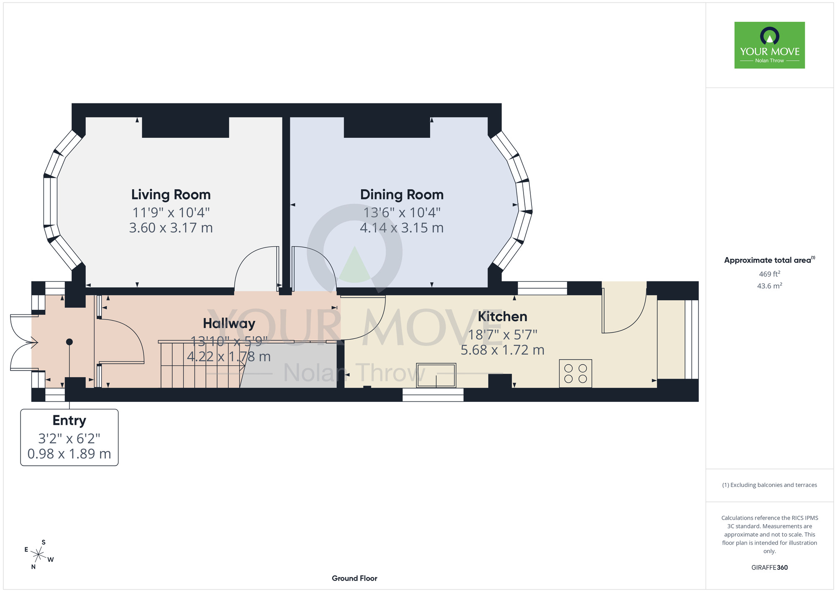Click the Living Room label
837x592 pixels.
[x=171, y=195]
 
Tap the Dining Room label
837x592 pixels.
[x=402, y=195]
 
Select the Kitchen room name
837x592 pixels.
[x=503, y=317]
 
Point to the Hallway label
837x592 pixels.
[x=229, y=324]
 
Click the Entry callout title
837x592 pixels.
[x=69, y=421]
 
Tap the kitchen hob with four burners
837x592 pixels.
[x=575, y=373]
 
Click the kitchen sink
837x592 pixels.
[x=436, y=375]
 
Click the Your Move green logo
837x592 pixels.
[x=770, y=45]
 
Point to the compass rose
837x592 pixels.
[x=39, y=555]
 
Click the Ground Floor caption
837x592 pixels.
[x=354, y=578]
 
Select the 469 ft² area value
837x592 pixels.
[x=770, y=274]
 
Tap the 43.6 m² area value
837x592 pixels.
[x=770, y=286]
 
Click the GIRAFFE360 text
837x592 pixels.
[x=770, y=568]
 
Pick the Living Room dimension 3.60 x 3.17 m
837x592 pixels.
[x=171, y=228]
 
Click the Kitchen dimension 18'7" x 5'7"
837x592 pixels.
[x=503, y=335]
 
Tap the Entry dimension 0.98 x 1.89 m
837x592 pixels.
[x=69, y=454]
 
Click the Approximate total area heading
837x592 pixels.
[x=770, y=260]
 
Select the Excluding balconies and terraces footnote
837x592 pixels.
[x=770, y=485]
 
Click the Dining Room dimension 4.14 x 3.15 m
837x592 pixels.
[x=402, y=228]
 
